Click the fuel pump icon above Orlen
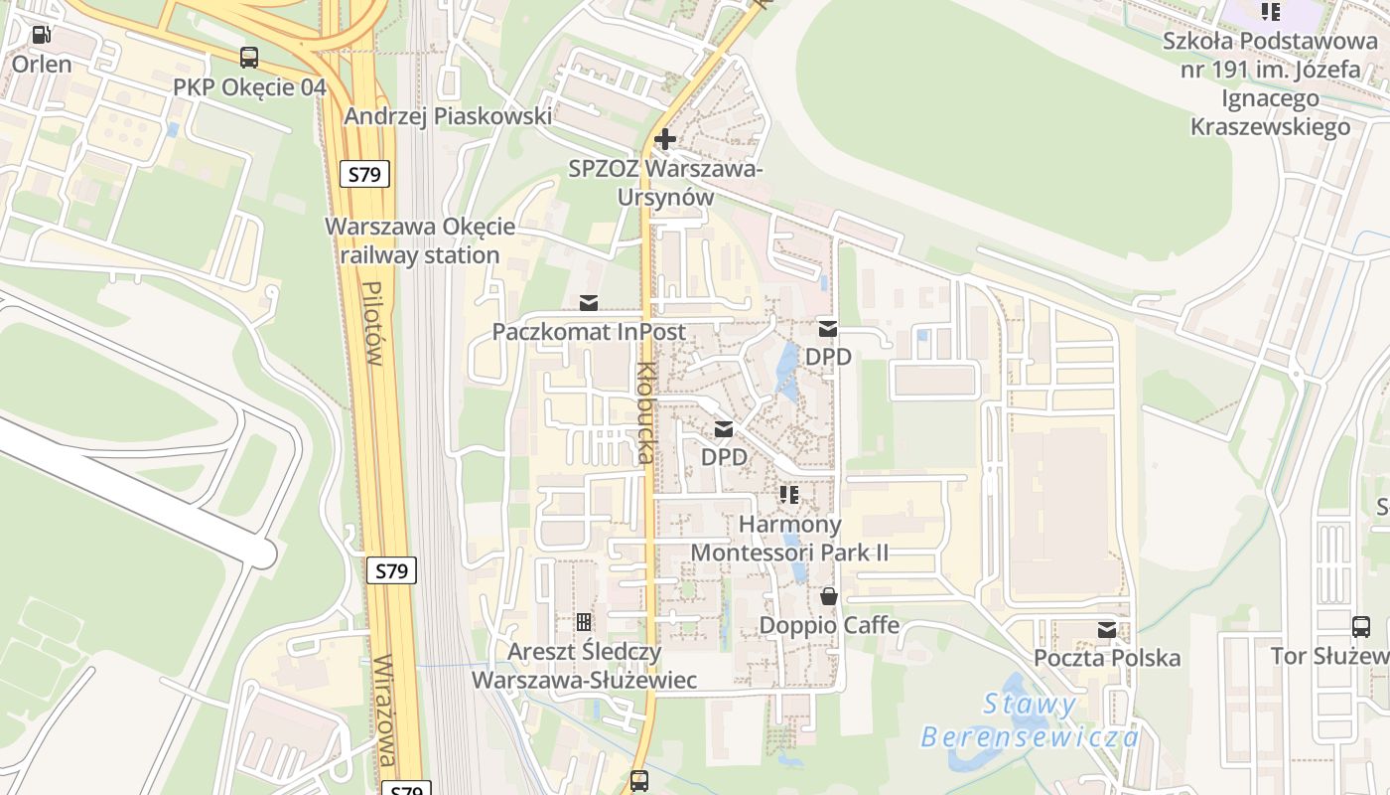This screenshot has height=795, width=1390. (x=41, y=35)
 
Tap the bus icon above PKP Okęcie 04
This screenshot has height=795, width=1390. (x=249, y=58)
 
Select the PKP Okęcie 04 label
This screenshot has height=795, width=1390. (x=249, y=87)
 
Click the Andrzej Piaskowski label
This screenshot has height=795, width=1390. (x=448, y=116)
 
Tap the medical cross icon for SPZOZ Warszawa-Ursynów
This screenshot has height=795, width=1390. (x=665, y=139)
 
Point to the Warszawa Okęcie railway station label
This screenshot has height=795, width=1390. (x=420, y=240)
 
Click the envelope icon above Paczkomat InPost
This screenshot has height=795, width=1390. (x=589, y=302)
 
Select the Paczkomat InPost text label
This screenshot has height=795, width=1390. (x=589, y=332)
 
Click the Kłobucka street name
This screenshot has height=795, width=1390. (x=646, y=412)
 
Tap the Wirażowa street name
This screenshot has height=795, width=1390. (x=386, y=712)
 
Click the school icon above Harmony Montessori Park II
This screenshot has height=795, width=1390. (x=789, y=494)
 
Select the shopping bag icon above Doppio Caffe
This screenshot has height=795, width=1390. (x=828, y=596)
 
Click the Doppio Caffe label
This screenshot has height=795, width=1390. (x=829, y=626)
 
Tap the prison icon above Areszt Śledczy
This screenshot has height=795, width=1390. (x=584, y=622)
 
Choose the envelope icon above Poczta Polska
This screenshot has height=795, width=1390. (x=1107, y=629)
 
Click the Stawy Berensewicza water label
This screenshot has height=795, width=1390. (x=1030, y=720)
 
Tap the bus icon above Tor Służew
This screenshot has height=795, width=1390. (x=1361, y=627)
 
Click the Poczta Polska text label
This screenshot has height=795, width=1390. (x=1107, y=658)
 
